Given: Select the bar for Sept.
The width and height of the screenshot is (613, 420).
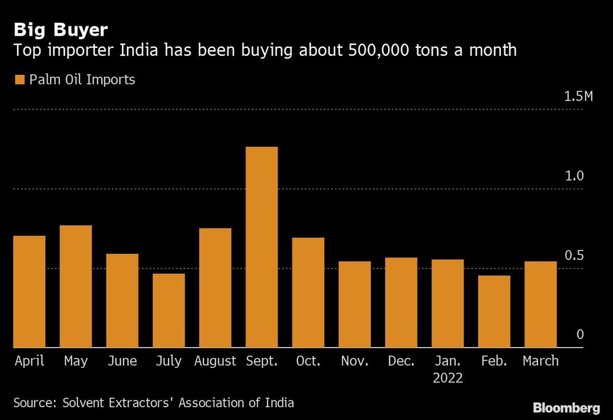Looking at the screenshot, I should coord(262,247).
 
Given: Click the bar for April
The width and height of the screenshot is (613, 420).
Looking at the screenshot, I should coord(29,292).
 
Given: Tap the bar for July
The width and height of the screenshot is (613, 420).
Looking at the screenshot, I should coord(169,310).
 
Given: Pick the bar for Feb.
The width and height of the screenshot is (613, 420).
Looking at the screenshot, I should coord(494,311).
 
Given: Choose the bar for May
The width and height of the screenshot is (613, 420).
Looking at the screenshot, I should coord(75,286).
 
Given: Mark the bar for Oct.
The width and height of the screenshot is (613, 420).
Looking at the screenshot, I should coord(308,292).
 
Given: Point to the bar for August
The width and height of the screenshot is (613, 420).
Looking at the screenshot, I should coord(215,288).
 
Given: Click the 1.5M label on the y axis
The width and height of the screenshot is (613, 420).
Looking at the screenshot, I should coord(579,97).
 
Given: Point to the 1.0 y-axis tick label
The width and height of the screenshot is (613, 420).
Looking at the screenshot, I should coord(575,176).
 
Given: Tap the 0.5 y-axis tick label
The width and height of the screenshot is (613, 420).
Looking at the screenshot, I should coord(575,256).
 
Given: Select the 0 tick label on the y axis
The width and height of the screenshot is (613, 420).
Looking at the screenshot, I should coord(580,335).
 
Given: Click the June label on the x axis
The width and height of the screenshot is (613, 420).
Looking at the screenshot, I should coord(122,361).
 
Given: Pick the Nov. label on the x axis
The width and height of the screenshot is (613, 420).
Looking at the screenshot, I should coord(354,361).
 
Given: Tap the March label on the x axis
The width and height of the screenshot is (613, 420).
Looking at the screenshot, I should coord(540,361).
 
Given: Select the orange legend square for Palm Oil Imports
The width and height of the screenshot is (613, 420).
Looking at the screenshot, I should coord(19,80).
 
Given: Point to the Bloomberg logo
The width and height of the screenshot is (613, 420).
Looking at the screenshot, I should coord(566,408).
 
